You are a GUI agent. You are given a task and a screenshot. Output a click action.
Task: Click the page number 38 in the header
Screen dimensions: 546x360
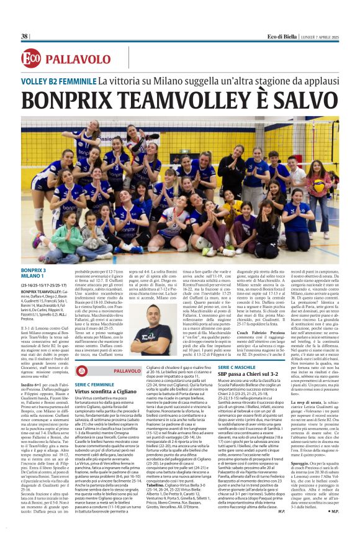tap(25, 36)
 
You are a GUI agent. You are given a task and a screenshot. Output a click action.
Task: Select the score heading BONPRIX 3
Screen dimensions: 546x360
tap(34, 253)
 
